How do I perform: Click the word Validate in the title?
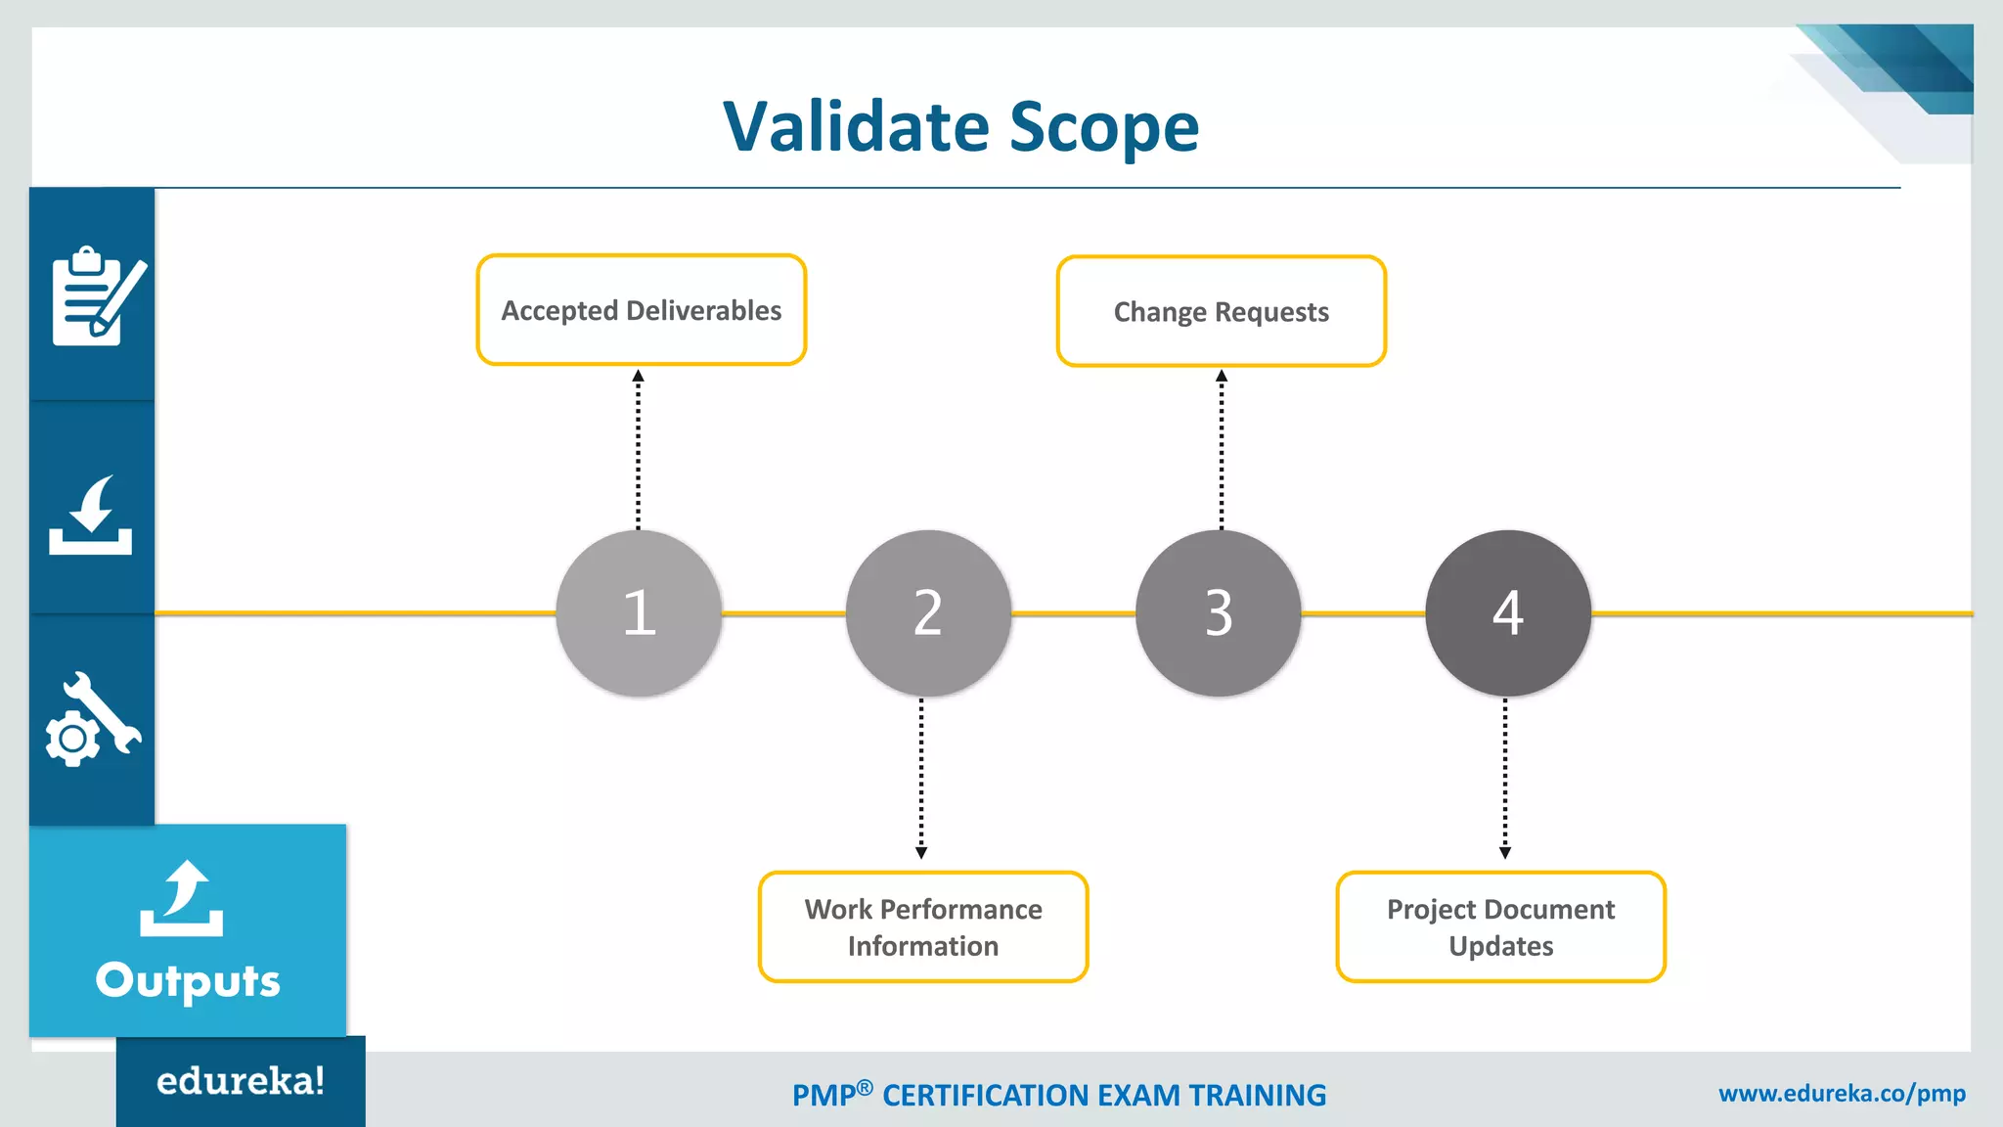pos(856,127)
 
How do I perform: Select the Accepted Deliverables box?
pos(641,310)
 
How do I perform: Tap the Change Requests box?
pos(1221,312)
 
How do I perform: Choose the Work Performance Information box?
pos(922,926)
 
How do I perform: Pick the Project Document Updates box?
pos(1500,926)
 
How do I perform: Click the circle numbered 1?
pos(639,613)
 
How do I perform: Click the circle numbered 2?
pos(928,613)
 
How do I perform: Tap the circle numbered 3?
pos(1218,613)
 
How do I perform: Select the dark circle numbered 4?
pos(1507,613)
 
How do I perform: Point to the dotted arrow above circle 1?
pos(638,450)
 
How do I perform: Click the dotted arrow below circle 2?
pos(920,778)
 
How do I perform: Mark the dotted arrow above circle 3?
pos(1221,450)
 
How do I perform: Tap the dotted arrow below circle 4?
pos(1504,778)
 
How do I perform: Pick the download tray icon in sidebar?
pos(91,516)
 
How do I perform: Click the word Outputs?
pos(188,980)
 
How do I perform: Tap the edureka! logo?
pos(241,1081)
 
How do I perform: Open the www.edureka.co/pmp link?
pos(1842,1094)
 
